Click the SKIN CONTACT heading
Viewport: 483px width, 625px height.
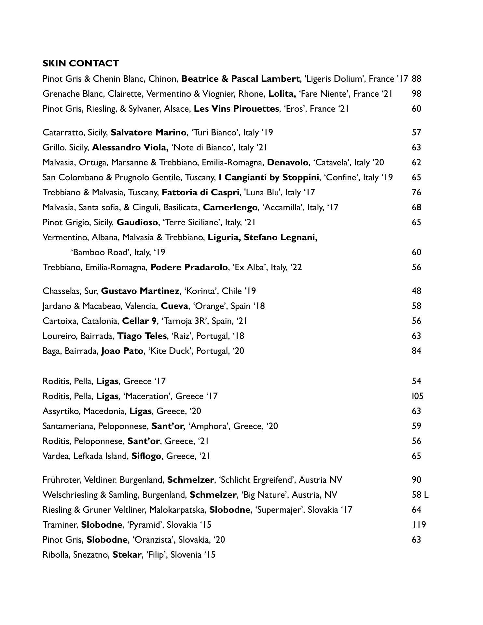(80, 63)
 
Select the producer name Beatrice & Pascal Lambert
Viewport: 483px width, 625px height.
(240, 79)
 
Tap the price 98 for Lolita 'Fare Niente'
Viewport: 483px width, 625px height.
(416, 94)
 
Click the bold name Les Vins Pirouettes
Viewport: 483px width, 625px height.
(236, 109)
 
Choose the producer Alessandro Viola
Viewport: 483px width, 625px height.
(130, 147)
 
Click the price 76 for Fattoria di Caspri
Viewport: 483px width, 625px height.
(416, 192)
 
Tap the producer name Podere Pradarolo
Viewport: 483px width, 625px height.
(189, 267)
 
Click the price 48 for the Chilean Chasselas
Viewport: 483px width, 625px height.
(416, 291)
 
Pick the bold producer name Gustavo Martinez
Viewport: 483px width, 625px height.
(140, 291)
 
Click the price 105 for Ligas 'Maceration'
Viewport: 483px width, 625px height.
(417, 396)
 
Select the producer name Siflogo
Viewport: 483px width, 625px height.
(146, 456)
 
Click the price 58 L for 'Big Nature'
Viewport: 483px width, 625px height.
(420, 495)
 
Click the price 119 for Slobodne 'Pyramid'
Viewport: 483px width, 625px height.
(419, 525)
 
